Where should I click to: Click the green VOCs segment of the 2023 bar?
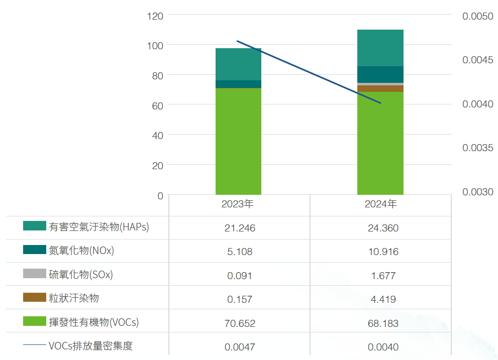point(238,141)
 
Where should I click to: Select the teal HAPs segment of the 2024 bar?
point(380,48)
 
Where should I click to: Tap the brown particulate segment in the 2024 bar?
point(380,88)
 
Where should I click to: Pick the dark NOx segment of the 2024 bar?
point(380,74)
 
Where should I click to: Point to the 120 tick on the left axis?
point(155,16)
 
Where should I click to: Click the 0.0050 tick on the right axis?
point(477,16)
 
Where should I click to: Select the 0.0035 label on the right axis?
point(477,148)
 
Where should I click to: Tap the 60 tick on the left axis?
point(157,105)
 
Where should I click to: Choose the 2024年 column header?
point(381,204)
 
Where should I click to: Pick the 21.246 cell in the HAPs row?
point(240,228)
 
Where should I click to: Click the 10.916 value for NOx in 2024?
point(383,252)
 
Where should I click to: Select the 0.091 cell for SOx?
point(240,276)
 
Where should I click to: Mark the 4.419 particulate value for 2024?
point(383,299)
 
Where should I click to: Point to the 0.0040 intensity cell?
point(383,347)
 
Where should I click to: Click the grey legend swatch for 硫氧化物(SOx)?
point(35,274)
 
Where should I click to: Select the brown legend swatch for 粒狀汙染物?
point(35,297)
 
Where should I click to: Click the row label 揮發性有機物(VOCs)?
point(93,322)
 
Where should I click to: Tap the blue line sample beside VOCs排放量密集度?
point(35,345)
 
